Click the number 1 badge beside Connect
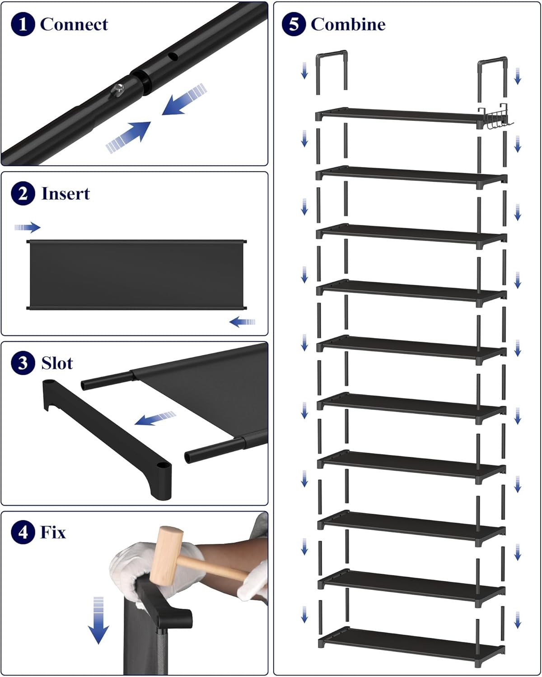pos(23,24)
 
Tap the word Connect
pos(74,24)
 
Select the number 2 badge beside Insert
pos(23,194)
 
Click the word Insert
pos(65,194)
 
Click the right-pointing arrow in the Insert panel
pos(28,227)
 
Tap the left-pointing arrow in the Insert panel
pos(243,322)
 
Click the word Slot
pos(57,363)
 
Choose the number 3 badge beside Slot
pos(23,363)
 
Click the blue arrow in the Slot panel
pos(155,418)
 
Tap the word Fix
pos(53,533)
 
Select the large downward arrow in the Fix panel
pos(98,621)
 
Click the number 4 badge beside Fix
pos(23,533)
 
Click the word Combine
pos(348,24)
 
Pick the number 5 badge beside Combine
pos(294,24)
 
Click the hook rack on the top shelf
pos(496,118)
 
